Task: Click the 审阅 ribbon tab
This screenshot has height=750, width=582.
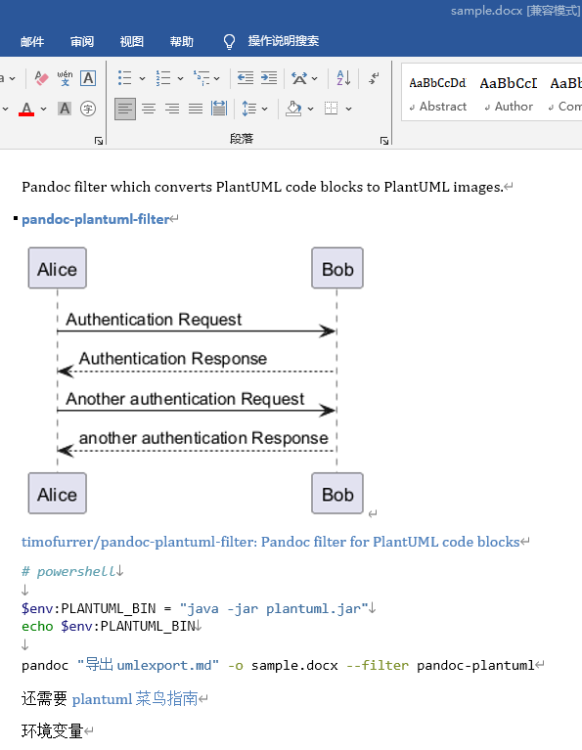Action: click(x=82, y=42)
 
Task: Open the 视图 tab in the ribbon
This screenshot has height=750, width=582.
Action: click(x=132, y=42)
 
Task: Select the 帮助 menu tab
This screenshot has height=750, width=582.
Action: click(x=181, y=42)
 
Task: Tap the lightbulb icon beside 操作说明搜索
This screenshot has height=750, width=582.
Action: click(x=229, y=42)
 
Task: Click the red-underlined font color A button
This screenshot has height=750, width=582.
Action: click(x=26, y=110)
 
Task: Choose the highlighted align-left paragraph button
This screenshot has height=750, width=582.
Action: click(x=125, y=110)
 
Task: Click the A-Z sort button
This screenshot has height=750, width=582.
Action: click(x=343, y=78)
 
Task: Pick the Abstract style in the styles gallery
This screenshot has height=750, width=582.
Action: click(x=437, y=94)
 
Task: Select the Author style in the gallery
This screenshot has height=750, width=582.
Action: click(x=509, y=94)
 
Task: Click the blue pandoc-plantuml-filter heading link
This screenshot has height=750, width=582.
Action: click(x=96, y=219)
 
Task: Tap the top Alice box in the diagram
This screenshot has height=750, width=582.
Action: click(x=58, y=268)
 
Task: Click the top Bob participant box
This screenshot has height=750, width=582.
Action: click(x=337, y=268)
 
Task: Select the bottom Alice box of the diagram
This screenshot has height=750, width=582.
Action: click(x=58, y=494)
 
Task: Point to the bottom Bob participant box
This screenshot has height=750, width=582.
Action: click(x=337, y=494)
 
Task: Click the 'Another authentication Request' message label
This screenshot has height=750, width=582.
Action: click(x=185, y=399)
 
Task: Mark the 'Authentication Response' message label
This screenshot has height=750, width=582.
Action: click(x=173, y=359)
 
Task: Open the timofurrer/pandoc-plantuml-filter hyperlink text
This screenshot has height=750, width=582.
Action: click(x=270, y=542)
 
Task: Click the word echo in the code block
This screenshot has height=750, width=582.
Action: click(x=37, y=626)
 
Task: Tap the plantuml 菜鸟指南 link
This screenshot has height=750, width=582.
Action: click(x=135, y=699)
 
